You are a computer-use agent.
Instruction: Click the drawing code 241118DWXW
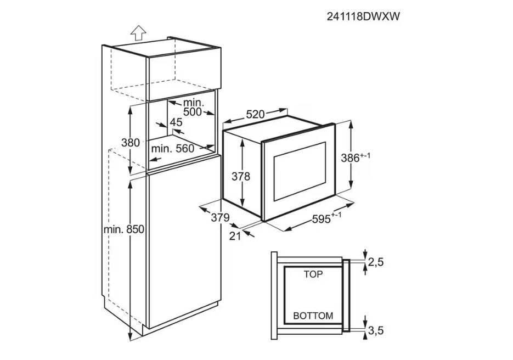coord(363,17)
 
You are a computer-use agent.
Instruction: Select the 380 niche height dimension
coord(131,143)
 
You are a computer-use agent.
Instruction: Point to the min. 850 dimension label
coord(123,230)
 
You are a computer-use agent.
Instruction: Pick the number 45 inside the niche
coord(176,122)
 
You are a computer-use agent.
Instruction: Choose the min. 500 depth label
coord(193,108)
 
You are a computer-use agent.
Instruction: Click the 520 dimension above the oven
coord(255,115)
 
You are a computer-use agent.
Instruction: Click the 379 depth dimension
coord(220,218)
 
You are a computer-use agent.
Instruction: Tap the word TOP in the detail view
coord(313,274)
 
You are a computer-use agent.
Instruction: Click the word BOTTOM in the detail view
coord(313,316)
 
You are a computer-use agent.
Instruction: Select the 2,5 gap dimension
coord(375,262)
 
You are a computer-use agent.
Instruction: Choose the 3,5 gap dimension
coord(375,330)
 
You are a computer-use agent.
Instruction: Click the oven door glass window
coord(300,172)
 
